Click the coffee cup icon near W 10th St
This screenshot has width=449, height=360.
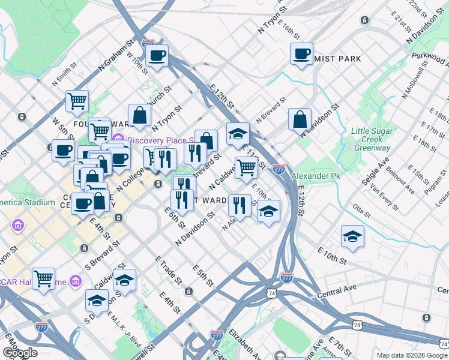point(157,56)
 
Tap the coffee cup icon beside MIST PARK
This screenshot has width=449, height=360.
point(301,53)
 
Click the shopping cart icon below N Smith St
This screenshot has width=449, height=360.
point(77,101)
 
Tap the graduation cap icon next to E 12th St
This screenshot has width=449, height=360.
point(238,133)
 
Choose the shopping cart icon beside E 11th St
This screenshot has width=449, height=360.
point(246,167)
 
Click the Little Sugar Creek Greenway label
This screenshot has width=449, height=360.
point(372,139)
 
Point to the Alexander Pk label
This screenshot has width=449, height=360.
point(311,176)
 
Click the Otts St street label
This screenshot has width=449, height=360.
point(362,211)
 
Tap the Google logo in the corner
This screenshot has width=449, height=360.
point(19,353)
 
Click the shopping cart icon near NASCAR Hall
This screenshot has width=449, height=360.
point(43,278)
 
